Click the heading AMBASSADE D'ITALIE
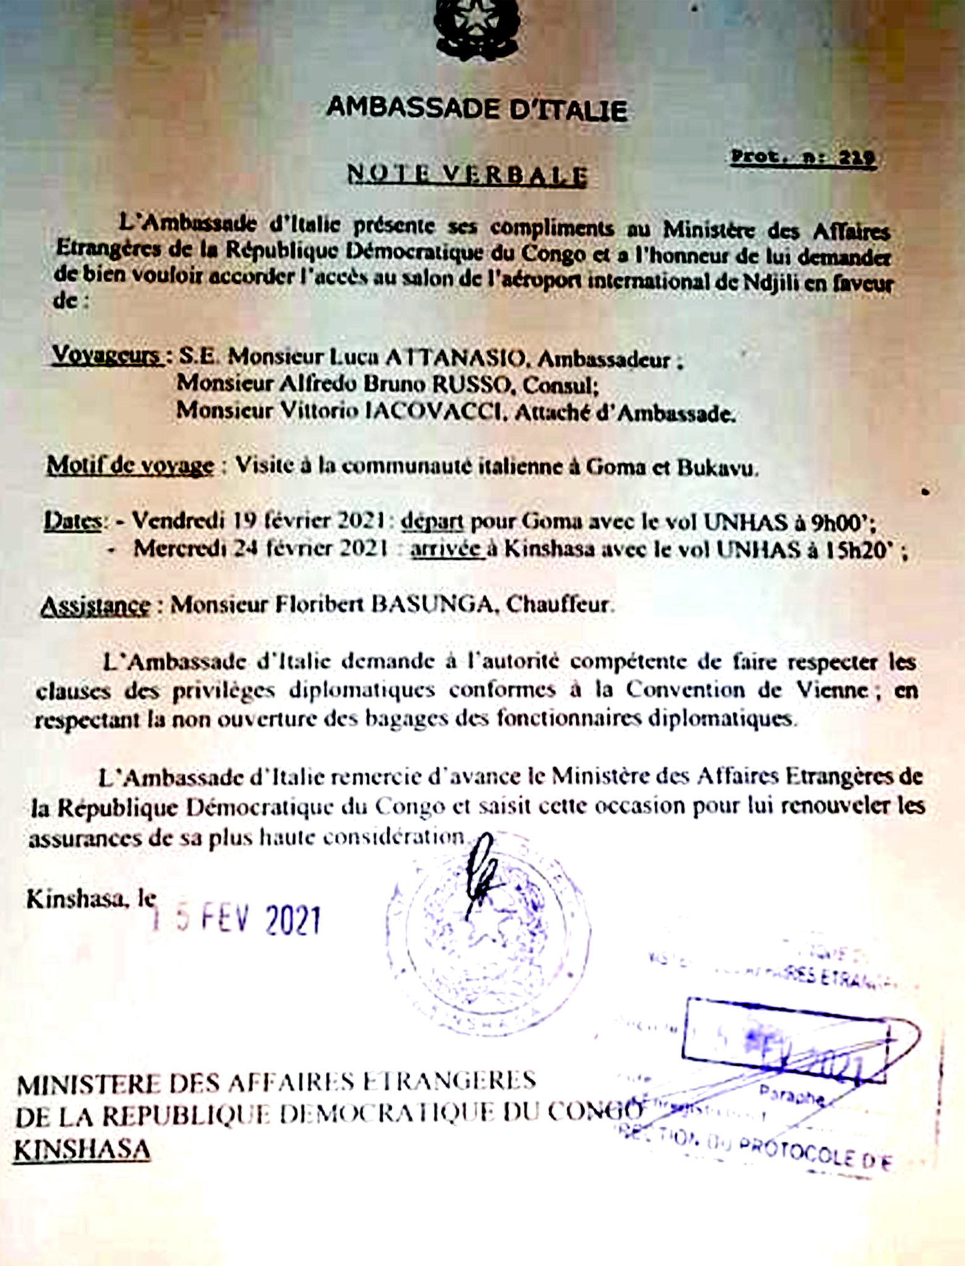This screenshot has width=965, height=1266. (x=477, y=110)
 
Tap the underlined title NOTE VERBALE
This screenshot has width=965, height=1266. (x=467, y=176)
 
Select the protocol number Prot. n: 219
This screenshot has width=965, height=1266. (x=803, y=158)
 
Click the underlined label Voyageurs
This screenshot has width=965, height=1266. (x=106, y=355)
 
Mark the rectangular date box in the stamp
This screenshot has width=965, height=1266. (x=785, y=1040)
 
